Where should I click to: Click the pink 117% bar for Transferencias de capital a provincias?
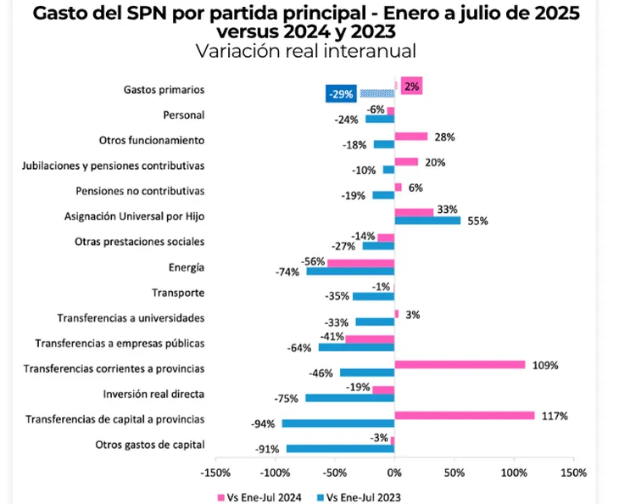[465, 415]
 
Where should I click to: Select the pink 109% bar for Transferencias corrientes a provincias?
[460, 364]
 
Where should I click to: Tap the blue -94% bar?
[337, 423]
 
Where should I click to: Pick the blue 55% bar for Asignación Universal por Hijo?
[427, 220]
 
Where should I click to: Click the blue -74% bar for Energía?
[350, 271]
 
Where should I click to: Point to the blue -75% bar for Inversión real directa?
[349, 398]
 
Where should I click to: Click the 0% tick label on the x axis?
[394, 472]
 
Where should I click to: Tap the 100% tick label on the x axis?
[513, 472]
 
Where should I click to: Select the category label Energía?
[186, 267]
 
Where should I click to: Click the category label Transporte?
[177, 293]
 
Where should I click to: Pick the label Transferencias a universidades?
[131, 318]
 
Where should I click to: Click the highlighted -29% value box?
[341, 93]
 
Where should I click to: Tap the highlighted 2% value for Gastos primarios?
[411, 86]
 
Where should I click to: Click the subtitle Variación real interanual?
[305, 51]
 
